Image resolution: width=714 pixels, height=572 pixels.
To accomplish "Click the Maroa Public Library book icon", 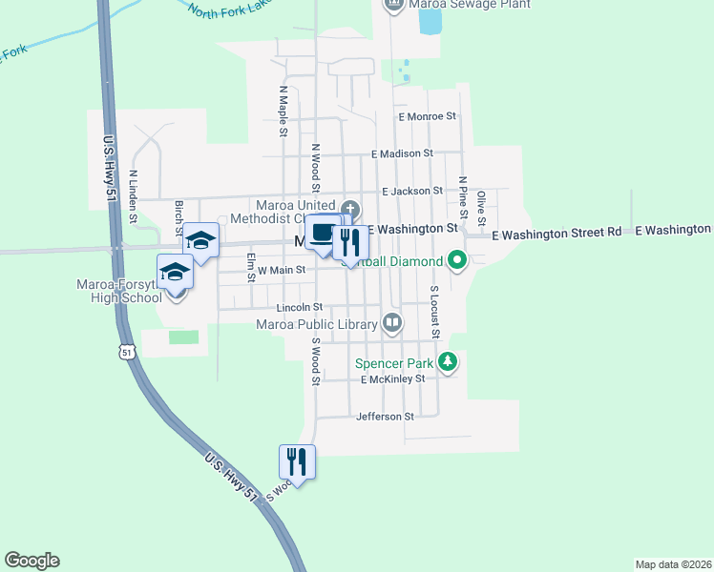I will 391,323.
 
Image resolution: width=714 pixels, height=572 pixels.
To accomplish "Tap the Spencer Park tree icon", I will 448,361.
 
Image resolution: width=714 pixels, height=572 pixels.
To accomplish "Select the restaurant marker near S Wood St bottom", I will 297,462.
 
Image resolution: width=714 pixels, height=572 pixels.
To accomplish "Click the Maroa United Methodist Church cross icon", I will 350,209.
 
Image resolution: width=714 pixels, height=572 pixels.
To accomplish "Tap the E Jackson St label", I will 412,192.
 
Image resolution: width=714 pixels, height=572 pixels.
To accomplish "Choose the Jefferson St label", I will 385,417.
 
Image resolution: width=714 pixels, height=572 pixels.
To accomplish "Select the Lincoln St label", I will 300,308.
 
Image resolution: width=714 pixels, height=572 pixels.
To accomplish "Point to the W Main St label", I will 281,271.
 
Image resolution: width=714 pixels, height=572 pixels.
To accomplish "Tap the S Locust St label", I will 433,312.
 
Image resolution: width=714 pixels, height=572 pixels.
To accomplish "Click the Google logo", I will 31,561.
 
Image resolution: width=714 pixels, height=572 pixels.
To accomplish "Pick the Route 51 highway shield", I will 127,352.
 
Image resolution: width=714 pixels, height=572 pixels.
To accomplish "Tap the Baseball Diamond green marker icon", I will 457,258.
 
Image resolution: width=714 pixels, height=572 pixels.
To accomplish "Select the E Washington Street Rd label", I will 561,233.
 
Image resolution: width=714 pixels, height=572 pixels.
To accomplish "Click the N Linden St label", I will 135,196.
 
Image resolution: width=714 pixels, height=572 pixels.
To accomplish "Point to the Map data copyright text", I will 672,564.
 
